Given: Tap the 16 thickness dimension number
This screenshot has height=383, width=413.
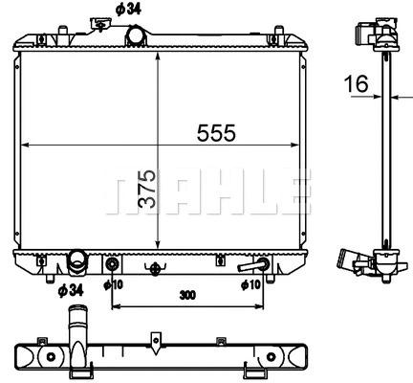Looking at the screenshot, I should tap(357, 85).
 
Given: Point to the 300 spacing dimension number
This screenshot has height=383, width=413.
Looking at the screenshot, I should tap(187, 295).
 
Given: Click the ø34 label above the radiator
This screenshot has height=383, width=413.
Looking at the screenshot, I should tap(130, 10).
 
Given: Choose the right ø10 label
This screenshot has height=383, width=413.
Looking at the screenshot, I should tap(250, 284).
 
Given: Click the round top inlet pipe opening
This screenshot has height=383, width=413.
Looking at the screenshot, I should tap(137, 35).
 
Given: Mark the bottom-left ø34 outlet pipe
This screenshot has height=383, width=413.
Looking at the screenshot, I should tap(77, 261).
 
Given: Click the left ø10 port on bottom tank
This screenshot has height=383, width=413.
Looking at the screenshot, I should tap(113, 263).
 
